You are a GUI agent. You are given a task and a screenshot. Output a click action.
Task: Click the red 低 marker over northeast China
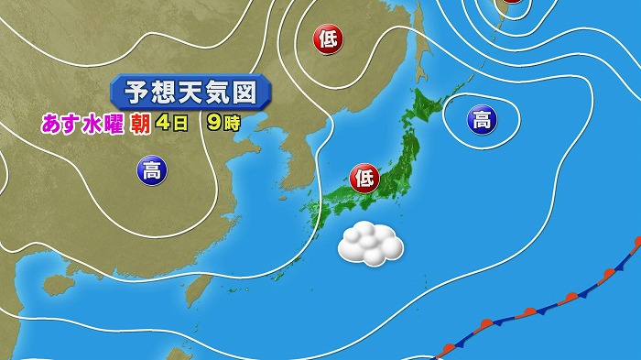pyautogui.click(x=327, y=38)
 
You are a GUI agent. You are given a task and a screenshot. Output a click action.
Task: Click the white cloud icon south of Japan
pyautogui.click(x=371, y=243)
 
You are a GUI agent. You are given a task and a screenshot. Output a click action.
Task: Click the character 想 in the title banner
pyautogui.click(x=162, y=93)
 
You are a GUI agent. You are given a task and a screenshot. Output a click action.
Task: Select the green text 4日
pyautogui.click(x=170, y=123)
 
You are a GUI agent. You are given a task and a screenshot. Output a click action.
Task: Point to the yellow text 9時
pyautogui.click(x=223, y=123)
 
